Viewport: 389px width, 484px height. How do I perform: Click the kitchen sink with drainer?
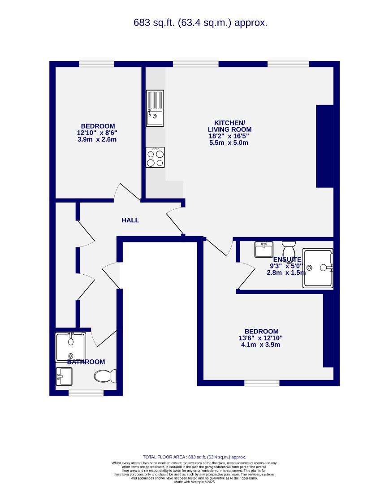[x=155, y=108]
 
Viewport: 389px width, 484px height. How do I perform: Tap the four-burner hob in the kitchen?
[x=155, y=158]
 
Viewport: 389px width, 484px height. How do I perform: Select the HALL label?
[x=130, y=220]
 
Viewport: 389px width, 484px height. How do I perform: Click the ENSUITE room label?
[x=287, y=259]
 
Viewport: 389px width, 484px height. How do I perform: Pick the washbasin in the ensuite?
[x=264, y=249]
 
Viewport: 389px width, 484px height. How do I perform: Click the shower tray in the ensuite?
[x=319, y=268]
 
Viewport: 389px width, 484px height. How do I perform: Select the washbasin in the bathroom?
[x=64, y=376]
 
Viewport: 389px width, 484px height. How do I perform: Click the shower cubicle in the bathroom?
[x=70, y=346]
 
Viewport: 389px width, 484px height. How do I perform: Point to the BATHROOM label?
[x=86, y=362]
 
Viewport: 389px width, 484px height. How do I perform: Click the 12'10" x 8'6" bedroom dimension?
[x=97, y=133]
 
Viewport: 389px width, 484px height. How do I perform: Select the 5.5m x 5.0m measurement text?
[x=229, y=143]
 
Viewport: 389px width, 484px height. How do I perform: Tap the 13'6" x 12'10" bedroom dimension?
[x=260, y=338]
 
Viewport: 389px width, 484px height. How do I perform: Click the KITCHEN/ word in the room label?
[x=229, y=123]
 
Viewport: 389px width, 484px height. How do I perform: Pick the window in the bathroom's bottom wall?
[x=86, y=393]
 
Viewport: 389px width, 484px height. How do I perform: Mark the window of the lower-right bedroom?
[x=262, y=383]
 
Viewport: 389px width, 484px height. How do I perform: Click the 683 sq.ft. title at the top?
[x=200, y=23]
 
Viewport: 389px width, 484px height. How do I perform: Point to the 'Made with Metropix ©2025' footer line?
[x=194, y=482]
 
